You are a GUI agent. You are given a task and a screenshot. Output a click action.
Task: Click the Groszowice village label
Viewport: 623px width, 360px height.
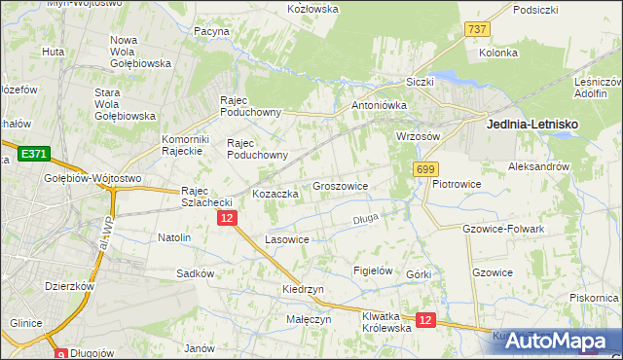[340, 185]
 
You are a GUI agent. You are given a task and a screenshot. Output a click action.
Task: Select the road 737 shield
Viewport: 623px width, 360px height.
[476, 29]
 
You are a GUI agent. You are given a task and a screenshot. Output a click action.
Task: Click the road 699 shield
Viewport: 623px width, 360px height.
[424, 169]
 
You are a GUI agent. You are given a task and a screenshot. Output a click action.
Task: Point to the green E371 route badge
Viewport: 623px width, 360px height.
[34, 154]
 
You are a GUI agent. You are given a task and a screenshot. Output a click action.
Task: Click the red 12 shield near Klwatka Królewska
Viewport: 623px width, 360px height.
[424, 319]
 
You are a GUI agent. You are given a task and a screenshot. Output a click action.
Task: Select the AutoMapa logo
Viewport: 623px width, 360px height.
[556, 340]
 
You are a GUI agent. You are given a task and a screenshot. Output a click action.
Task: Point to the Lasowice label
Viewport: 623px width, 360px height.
[287, 238]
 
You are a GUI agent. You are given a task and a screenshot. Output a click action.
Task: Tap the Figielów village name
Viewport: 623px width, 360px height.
[373, 270]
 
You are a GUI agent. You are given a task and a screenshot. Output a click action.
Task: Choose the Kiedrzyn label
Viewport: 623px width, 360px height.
[303, 290]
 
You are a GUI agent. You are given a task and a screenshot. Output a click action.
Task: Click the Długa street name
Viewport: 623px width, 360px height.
[365, 219]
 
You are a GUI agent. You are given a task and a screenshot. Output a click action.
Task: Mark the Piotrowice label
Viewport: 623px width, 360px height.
[458, 183]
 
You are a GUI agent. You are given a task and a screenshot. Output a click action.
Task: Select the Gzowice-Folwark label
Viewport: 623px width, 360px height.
[505, 228]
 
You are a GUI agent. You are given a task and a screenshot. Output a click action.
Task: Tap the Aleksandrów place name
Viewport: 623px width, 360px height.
[538, 167]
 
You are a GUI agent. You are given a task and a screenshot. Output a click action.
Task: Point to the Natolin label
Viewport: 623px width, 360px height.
[174, 237]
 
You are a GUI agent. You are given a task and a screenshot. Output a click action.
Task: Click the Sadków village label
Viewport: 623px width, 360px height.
[195, 273]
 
